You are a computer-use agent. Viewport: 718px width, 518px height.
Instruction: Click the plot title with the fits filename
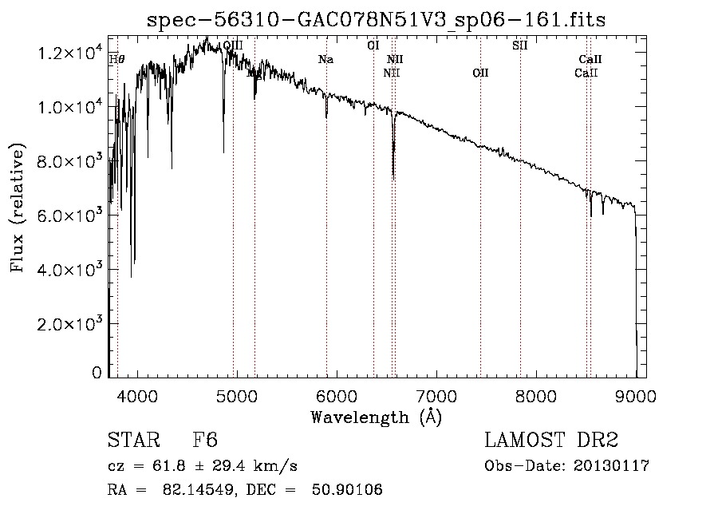click(x=377, y=21)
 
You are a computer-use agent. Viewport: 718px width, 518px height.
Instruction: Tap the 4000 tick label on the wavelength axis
click(x=137, y=394)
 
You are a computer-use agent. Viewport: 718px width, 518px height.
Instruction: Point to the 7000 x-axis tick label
click(x=436, y=394)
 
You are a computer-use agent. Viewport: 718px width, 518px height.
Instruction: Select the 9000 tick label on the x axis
click(x=636, y=394)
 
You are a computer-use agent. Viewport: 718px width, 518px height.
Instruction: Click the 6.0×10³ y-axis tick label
click(x=71, y=216)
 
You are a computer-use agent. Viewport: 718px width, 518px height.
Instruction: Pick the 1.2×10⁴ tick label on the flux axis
click(x=71, y=53)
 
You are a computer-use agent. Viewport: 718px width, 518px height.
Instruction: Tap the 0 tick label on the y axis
click(x=97, y=373)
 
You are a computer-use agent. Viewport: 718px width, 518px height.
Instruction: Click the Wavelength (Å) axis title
click(x=376, y=417)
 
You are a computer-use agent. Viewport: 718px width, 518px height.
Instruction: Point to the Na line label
click(x=325, y=60)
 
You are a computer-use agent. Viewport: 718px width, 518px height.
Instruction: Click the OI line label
click(x=373, y=45)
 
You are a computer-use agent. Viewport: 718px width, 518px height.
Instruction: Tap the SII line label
click(x=519, y=45)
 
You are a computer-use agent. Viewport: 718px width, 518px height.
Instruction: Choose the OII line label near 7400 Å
click(x=480, y=73)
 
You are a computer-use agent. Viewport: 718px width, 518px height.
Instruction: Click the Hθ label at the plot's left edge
click(x=116, y=59)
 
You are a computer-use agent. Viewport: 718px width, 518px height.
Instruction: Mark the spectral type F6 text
click(x=205, y=441)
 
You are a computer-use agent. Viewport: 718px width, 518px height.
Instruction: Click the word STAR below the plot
click(x=132, y=441)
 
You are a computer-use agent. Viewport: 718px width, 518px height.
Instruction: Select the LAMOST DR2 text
click(x=551, y=441)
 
